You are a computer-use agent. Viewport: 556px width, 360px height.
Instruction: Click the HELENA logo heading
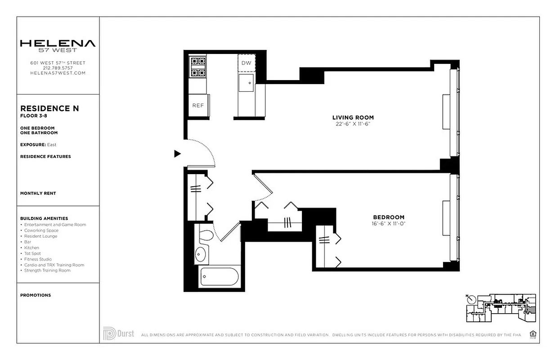[x=58, y=44]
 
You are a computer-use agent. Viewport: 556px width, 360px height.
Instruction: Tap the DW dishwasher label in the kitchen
[x=246, y=63]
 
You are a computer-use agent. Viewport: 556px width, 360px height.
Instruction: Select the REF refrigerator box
[x=198, y=105]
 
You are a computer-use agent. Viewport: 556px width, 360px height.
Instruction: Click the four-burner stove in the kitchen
[x=197, y=67]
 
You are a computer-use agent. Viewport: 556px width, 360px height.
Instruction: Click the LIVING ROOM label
[x=353, y=117]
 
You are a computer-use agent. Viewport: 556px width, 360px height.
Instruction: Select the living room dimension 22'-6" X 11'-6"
[x=353, y=124]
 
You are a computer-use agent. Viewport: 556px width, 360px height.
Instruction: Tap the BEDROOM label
[x=388, y=217]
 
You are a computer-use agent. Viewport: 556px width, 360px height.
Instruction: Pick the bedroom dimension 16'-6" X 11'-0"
[x=388, y=223]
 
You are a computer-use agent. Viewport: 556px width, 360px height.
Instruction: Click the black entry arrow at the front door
[x=177, y=154]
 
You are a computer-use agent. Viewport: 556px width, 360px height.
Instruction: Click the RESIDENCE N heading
[x=49, y=108]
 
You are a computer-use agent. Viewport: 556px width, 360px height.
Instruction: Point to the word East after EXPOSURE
[x=52, y=145]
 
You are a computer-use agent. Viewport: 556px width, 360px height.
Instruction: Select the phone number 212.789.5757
[x=58, y=68]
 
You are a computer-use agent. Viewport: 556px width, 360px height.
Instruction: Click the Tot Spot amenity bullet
[x=32, y=253]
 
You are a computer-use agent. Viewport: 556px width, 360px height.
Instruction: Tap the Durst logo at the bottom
[x=118, y=334]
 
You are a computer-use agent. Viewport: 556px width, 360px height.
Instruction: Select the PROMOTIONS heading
[x=36, y=295]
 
